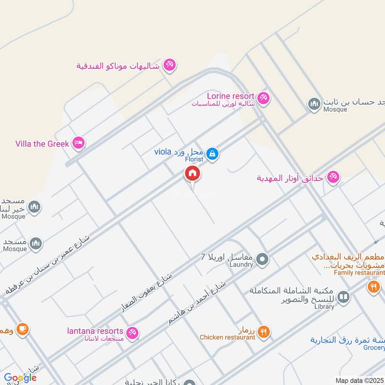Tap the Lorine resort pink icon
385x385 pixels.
(263, 98)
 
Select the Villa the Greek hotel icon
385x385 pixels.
(78, 143)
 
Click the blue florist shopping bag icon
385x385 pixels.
(212, 154)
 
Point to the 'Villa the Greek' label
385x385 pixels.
(42, 143)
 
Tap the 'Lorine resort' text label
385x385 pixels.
(230, 96)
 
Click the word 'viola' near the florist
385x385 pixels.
(163, 152)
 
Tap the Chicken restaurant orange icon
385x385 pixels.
(263, 331)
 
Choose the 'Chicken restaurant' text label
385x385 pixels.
(228, 337)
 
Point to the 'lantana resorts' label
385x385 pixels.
(95, 331)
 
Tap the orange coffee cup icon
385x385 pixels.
(22, 329)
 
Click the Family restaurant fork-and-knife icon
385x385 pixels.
(374, 288)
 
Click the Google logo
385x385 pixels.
(20, 378)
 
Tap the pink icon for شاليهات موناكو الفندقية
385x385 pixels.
(169, 64)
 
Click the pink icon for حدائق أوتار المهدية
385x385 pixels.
(332, 178)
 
